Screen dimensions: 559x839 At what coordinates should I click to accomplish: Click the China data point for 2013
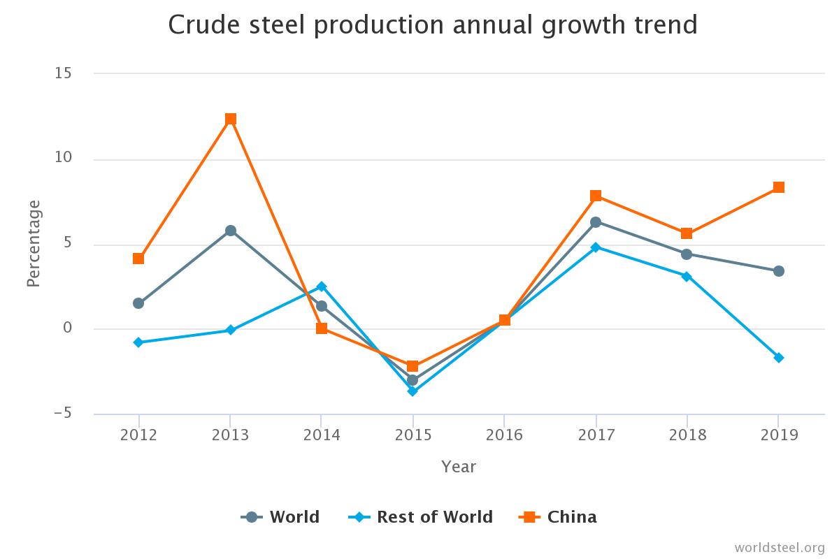tap(230, 119)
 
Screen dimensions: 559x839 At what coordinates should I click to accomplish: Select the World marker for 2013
tap(230, 231)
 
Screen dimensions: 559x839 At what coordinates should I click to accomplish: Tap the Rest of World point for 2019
tap(778, 358)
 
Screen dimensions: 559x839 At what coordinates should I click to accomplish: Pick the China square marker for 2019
tap(778, 187)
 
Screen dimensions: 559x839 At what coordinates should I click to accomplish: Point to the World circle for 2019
tap(778, 271)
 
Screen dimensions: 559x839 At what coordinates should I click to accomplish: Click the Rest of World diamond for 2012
tap(138, 342)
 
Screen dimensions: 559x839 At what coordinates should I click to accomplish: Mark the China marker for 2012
tap(138, 259)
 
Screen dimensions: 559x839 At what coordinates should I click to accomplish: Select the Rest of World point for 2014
tap(322, 286)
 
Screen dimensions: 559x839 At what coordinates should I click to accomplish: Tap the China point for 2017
tap(596, 196)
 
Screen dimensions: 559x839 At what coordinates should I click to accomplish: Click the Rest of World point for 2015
tap(413, 391)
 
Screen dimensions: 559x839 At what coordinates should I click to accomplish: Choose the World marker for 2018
tap(687, 254)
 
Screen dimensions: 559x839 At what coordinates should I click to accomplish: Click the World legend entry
tap(280, 517)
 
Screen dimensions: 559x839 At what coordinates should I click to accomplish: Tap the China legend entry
tap(558, 517)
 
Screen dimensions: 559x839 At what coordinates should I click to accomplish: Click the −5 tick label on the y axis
tap(62, 414)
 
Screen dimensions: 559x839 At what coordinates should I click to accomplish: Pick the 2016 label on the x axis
tap(504, 435)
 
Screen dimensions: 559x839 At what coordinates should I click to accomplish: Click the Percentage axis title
tap(34, 243)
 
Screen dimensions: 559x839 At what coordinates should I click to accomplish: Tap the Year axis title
tap(458, 466)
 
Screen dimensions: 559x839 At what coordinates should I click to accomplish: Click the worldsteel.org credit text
tap(780, 546)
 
